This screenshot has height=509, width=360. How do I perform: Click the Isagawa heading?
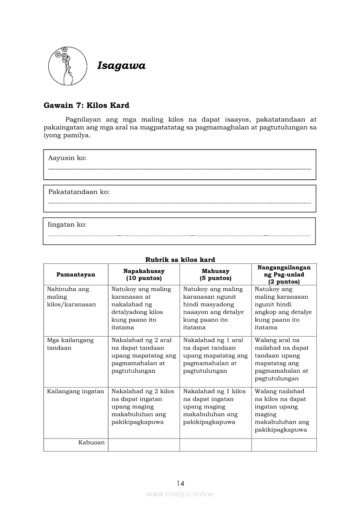(121, 66)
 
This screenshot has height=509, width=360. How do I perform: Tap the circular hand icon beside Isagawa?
(67, 66)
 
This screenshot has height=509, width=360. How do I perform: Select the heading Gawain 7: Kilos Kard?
(86, 105)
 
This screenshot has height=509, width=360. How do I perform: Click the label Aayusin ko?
(67, 158)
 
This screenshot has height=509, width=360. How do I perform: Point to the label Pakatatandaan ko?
(79, 192)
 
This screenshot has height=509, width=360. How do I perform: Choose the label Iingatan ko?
(67, 225)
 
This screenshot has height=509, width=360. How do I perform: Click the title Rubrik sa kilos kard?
(180, 260)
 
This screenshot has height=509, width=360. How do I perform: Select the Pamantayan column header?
(75, 274)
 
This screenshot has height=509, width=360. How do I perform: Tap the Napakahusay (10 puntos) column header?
(144, 274)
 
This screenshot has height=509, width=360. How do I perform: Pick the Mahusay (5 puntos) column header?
(215, 274)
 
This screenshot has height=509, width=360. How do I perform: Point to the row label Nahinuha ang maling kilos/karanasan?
(71, 297)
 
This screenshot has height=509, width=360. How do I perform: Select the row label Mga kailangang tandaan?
(70, 344)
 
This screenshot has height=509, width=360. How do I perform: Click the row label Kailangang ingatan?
(75, 391)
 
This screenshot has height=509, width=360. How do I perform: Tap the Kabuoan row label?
(92, 442)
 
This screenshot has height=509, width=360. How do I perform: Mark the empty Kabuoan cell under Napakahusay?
(144, 445)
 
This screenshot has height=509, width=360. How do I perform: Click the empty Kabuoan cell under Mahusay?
(215, 445)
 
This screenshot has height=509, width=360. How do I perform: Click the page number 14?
(180, 483)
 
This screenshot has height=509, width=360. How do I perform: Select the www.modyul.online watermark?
(180, 494)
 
